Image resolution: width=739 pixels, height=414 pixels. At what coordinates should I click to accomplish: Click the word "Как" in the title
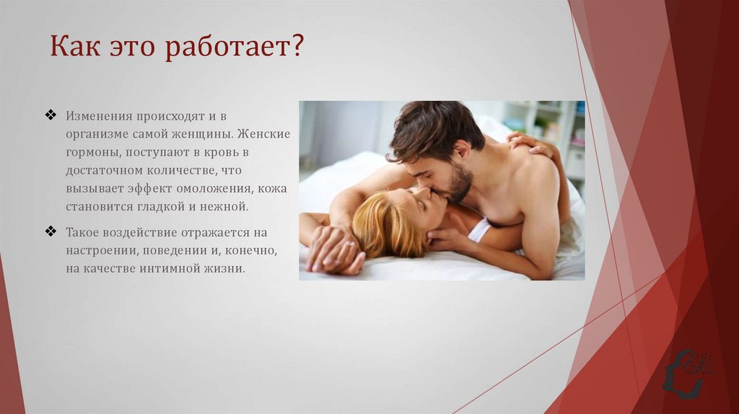click(74, 48)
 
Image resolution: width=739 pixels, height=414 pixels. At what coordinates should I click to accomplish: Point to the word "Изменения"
click(98, 116)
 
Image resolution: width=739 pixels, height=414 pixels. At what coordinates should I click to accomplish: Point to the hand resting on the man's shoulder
click(531, 144)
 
